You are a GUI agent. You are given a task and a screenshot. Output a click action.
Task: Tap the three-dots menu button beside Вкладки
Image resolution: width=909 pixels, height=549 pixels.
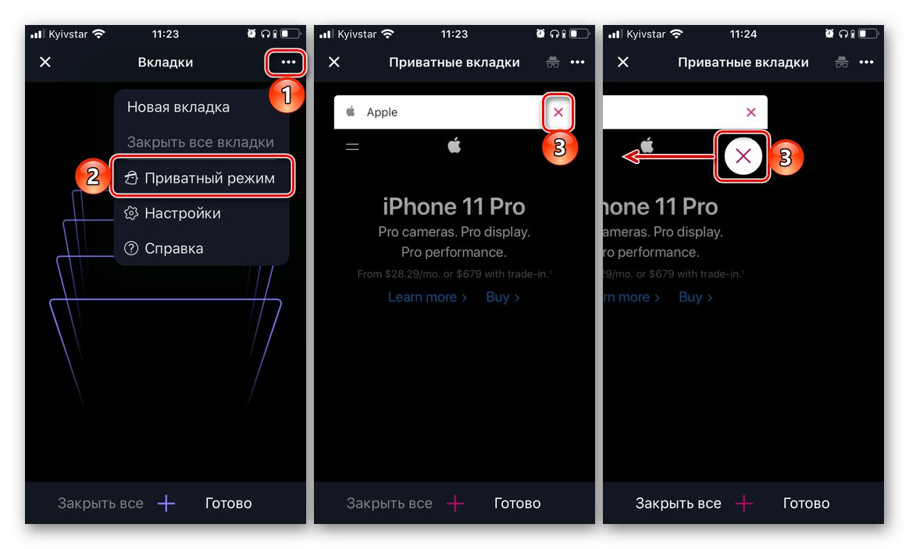pos(288,62)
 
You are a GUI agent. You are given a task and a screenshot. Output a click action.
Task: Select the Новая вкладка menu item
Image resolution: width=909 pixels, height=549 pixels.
pos(178,107)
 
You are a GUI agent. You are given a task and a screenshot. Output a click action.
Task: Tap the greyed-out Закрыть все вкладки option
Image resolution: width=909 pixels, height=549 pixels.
pos(200,142)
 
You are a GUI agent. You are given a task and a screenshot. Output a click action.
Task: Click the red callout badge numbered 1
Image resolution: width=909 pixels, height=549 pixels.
pos(287,95)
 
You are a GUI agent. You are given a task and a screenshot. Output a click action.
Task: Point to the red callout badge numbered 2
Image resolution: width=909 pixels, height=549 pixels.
pos(93,176)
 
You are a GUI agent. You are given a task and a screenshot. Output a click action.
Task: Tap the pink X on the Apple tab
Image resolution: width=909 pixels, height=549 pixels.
pos(558,112)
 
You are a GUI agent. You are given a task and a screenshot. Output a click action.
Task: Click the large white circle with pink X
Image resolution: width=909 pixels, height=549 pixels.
pos(743,156)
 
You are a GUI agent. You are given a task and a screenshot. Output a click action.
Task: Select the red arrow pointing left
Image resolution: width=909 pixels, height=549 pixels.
pos(669,156)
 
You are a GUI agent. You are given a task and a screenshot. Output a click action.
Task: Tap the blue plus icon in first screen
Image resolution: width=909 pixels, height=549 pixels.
pos(166,503)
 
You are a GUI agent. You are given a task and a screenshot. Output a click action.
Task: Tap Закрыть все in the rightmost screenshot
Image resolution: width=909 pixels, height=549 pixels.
pos(679,503)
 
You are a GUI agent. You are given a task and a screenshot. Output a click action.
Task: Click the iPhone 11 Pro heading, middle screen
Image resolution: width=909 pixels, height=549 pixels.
pos(454,207)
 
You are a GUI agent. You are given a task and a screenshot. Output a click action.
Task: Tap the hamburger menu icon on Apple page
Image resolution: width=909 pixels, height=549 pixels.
pos(352,147)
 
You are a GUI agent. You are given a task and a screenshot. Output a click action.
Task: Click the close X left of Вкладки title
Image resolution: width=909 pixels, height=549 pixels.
pos(45,62)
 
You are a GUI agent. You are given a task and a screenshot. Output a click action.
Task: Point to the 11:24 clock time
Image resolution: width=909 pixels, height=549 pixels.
pos(743,34)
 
